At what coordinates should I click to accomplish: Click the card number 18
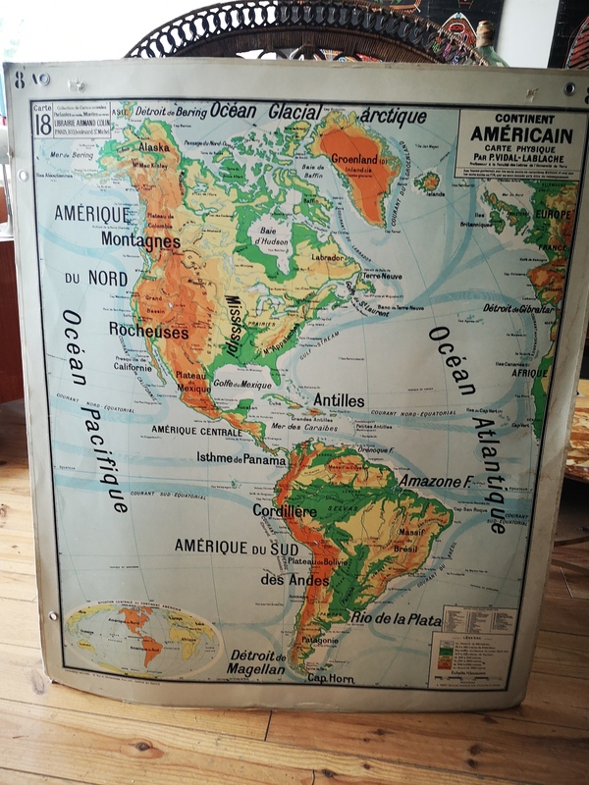[42, 125]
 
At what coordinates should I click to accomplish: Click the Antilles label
[339, 400]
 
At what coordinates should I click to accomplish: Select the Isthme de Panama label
[241, 458]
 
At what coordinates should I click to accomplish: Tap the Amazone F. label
[429, 482]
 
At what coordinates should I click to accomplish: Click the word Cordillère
[285, 511]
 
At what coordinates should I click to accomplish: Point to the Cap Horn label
[331, 678]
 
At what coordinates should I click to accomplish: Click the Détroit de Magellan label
[257, 662]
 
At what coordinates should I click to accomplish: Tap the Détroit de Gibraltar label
[518, 308]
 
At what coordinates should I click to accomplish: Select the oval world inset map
[142, 639]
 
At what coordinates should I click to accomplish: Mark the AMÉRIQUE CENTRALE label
[196, 430]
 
